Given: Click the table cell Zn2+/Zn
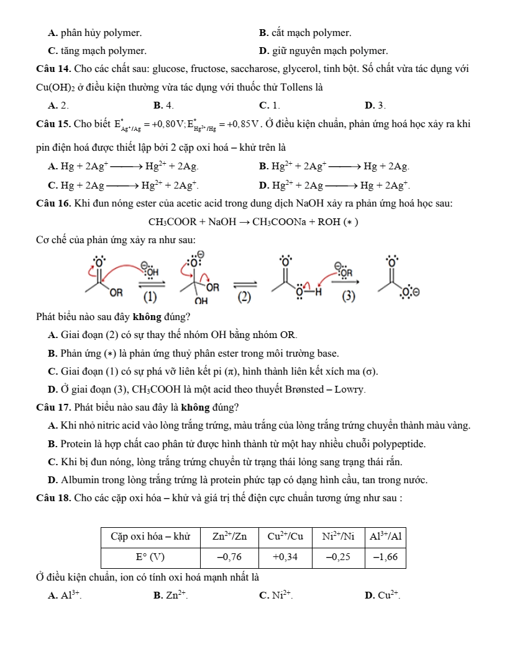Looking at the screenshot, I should point(229,537).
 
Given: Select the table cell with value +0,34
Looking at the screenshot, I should point(285,557).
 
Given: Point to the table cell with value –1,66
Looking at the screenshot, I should point(385,557).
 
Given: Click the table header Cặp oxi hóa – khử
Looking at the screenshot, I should point(150,537).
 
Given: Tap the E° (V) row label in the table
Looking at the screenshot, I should point(150,557).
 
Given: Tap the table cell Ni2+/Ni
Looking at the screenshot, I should point(339,537).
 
